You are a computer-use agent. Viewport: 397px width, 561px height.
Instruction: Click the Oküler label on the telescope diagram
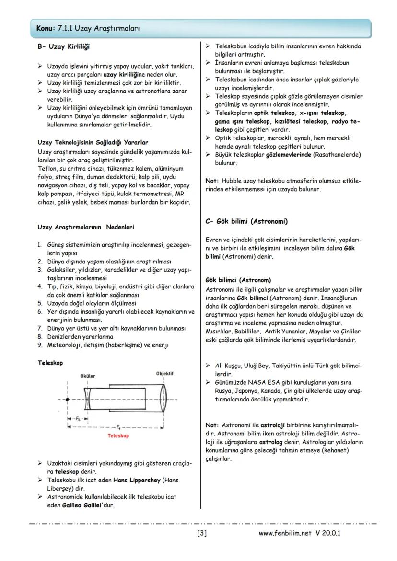pos(88,376)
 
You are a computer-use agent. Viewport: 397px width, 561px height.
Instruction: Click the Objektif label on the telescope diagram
pos(164,374)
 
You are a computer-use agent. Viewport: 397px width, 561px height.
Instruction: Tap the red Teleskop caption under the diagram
pos(118,436)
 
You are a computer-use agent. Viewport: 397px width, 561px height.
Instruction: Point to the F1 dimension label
pos(117,426)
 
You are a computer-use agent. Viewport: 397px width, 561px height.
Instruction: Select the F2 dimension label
pos(78,418)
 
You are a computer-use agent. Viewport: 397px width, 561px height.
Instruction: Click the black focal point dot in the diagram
pos(68,399)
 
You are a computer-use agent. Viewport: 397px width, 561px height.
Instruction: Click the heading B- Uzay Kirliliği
pos(63,46)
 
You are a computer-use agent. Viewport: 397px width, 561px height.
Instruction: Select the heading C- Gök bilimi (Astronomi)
pos(246,221)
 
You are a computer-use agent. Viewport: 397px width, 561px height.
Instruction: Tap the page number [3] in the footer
pos(202,533)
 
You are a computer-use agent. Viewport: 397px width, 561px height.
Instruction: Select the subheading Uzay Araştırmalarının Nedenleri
pos(86,227)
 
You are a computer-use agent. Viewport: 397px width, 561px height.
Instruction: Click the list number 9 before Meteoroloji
pos(40,345)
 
